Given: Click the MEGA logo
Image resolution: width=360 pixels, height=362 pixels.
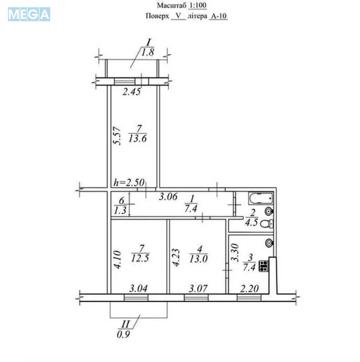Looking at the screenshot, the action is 29,14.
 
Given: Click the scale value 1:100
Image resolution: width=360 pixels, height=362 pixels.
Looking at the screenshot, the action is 198,5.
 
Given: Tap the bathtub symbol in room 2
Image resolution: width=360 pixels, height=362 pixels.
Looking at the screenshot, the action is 261,198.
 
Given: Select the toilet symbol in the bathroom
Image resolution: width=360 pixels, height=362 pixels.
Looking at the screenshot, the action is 267,223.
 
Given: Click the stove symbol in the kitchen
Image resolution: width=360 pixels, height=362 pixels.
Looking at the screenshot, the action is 264,266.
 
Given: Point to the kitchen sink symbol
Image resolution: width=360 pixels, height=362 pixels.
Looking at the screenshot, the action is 269,242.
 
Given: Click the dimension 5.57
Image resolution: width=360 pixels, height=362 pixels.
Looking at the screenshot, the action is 117,135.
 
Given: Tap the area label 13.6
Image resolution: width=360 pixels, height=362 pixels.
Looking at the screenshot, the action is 138,139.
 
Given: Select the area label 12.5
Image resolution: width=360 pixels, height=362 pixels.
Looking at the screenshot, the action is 140,258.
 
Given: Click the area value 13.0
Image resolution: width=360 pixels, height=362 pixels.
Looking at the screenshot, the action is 199,259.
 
